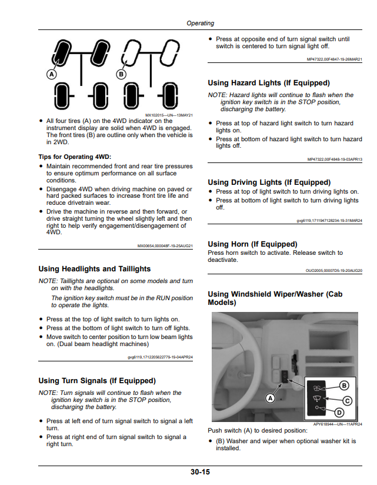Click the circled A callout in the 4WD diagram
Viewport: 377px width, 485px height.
(52, 74)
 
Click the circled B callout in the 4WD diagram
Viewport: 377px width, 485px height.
(121, 74)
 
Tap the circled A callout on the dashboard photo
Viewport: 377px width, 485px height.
(271, 398)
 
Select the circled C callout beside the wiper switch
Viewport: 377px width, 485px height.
(348, 401)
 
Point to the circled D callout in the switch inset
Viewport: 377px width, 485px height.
(339, 413)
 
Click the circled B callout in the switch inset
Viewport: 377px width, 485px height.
(344, 386)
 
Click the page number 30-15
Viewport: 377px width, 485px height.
(200, 472)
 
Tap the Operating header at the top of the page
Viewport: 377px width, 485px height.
(200, 23)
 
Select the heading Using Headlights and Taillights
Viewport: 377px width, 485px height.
(95, 269)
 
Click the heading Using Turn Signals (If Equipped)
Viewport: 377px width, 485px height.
(97, 381)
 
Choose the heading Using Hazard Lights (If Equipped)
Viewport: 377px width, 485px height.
(269, 83)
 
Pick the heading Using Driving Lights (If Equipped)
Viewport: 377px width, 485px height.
(269, 182)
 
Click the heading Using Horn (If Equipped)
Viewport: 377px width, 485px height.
(252, 244)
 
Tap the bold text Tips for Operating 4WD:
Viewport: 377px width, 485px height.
(75, 157)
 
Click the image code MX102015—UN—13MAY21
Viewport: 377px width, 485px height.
(169, 115)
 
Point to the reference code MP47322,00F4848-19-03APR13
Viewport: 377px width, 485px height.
(335, 160)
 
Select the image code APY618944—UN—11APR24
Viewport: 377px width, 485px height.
(338, 424)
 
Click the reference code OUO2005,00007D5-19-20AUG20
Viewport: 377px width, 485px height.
(334, 270)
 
